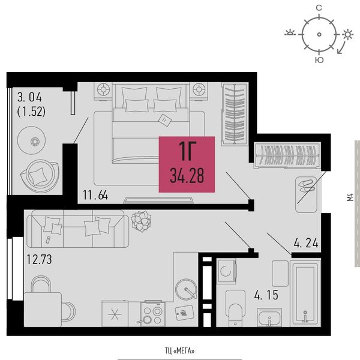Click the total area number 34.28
coord(187,176)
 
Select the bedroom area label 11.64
coord(95,196)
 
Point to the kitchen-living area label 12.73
coord(39,259)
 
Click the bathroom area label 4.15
coord(266,295)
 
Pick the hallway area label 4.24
coord(306,242)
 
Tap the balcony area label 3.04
coord(29,97)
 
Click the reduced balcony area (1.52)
coord(31,112)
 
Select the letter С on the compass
coord(319,8)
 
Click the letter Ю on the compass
coord(319,60)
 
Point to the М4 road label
coord(350,197)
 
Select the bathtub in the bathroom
coord(305,293)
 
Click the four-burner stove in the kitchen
coord(152,314)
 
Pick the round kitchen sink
coord(186,290)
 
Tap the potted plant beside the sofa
coord(141,221)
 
